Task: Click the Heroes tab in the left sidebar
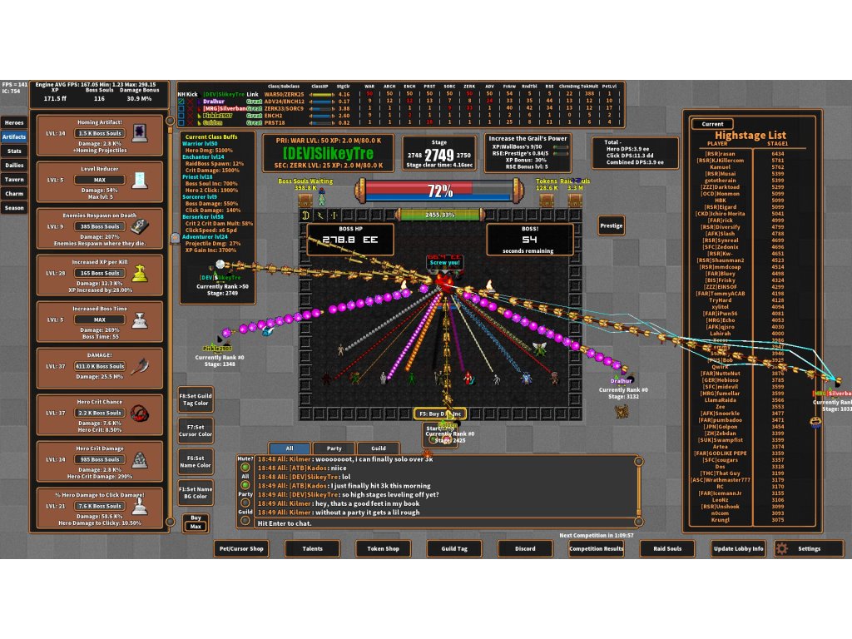tap(14, 122)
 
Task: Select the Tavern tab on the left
tap(14, 179)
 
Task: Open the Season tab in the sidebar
tap(14, 207)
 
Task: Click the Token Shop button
tap(383, 548)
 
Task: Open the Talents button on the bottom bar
tap(312, 548)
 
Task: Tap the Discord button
tap(525, 548)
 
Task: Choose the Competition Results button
tap(597, 548)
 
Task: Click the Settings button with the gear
tap(805, 548)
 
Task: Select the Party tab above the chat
tap(334, 448)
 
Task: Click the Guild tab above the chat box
tap(379, 448)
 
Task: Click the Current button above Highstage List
tap(712, 124)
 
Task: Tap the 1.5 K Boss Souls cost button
tap(99, 133)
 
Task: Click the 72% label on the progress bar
tap(439, 191)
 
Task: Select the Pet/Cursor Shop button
tap(241, 548)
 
